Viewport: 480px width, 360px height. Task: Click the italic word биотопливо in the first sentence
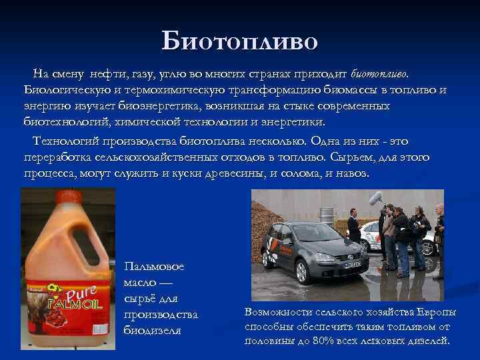click(381, 72)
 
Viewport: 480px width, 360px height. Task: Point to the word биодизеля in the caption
click(153, 330)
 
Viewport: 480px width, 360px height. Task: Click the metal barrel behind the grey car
click(325, 216)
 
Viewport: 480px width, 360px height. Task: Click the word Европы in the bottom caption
click(437, 312)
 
